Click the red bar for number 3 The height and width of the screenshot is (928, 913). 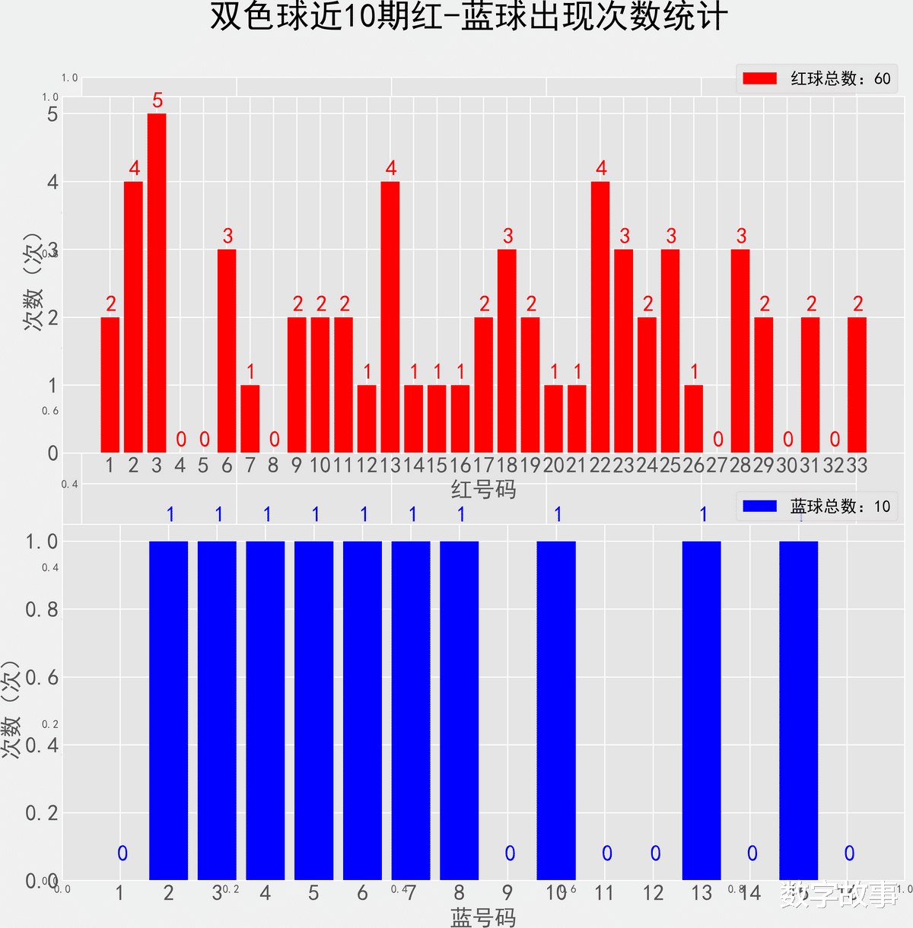[x=157, y=283]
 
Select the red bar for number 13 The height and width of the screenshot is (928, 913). [x=390, y=317]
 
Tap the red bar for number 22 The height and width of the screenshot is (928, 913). [x=600, y=317]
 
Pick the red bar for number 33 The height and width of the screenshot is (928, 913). [x=857, y=385]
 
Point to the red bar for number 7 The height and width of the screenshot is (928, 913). [x=250, y=419]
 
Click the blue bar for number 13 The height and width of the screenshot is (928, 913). [x=701, y=710]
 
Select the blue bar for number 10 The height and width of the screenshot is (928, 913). [x=556, y=710]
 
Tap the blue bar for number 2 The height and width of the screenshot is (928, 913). [x=168, y=710]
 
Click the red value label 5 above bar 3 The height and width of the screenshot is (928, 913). [x=157, y=100]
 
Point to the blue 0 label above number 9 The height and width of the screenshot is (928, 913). [x=510, y=853]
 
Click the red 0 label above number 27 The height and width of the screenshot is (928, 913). [x=717, y=440]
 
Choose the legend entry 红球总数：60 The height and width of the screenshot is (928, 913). [x=816, y=78]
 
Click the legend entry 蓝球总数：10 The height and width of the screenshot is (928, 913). [x=816, y=507]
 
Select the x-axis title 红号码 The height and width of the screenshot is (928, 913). [x=484, y=489]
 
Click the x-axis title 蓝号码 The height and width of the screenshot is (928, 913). [x=484, y=917]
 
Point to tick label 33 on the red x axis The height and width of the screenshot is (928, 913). [x=857, y=466]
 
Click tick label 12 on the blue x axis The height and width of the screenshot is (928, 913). [x=653, y=893]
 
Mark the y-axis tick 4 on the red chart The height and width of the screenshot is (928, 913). [x=52, y=182]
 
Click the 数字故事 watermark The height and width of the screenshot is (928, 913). [x=839, y=895]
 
